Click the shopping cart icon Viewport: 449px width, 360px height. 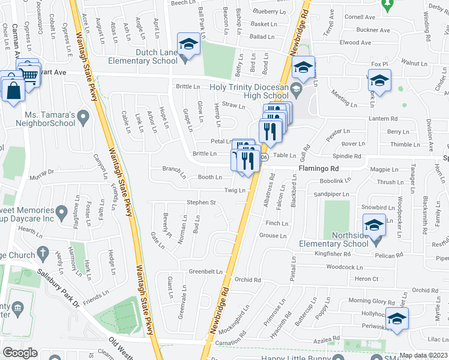(28, 75)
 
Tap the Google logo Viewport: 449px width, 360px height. (19, 353)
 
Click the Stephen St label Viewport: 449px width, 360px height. (201, 203)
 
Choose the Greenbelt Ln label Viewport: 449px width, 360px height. (206, 272)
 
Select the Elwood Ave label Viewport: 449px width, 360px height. (355, 43)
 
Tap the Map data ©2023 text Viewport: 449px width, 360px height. (424, 355)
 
